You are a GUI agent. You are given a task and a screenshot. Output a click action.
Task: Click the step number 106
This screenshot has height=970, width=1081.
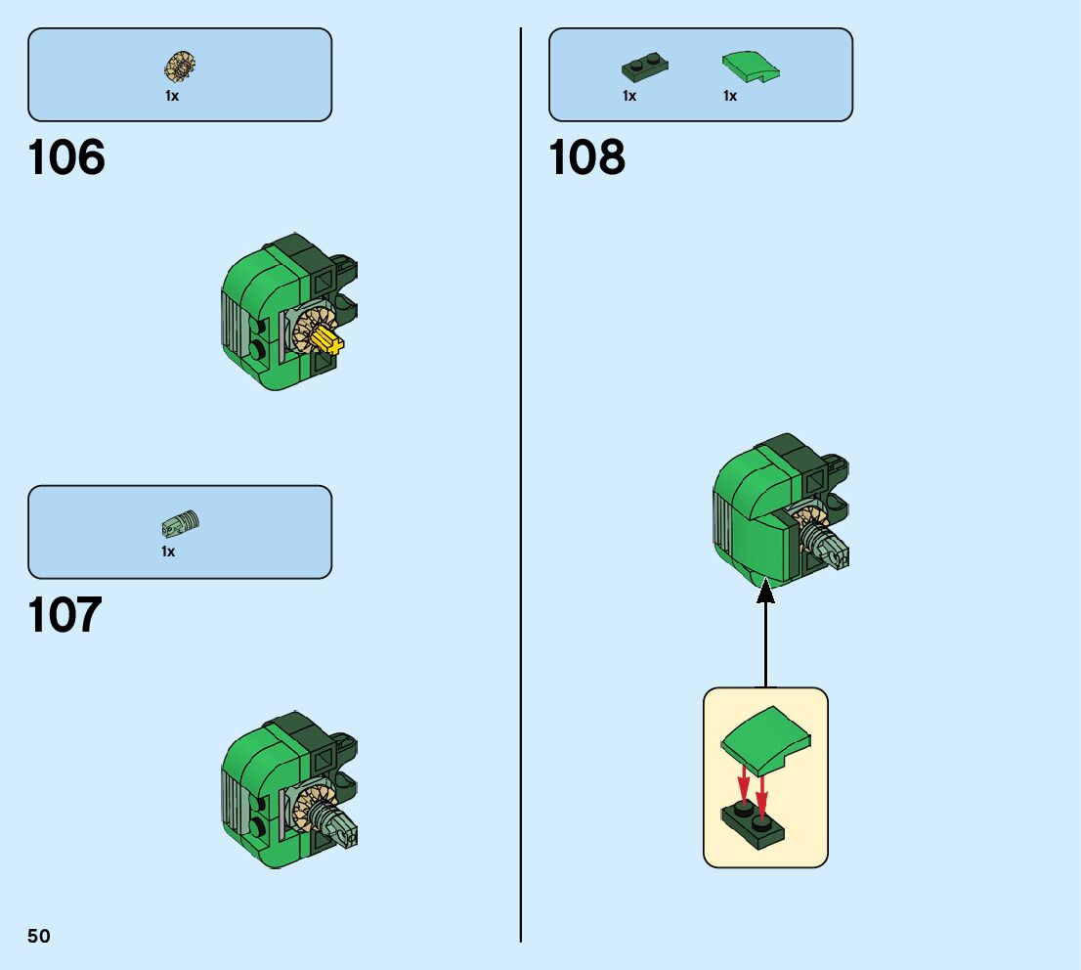coord(66,157)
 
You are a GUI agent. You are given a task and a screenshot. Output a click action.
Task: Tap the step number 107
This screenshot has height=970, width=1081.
coord(65,616)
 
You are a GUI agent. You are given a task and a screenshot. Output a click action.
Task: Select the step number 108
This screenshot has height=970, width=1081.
coord(586,157)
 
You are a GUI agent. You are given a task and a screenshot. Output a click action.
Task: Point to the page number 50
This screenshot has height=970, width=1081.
coord(39,937)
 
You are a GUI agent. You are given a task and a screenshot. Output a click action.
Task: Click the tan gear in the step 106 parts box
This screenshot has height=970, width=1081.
coord(180,66)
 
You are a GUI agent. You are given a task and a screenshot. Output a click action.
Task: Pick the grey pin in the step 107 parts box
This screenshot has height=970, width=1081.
coord(181,525)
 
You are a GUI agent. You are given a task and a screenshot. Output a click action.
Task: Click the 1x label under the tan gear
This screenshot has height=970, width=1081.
coord(172,96)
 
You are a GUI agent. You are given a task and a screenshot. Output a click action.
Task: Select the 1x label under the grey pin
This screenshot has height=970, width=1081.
coord(168,551)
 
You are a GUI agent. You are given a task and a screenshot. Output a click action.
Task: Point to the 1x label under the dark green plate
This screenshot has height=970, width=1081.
coord(629,96)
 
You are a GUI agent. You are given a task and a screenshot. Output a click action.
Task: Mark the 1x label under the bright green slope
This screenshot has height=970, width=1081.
coord(730,96)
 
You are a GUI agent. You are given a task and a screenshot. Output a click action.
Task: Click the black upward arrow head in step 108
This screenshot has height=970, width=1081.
coord(765,591)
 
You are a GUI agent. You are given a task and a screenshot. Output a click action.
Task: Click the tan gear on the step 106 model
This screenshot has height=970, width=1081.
coord(311,329)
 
